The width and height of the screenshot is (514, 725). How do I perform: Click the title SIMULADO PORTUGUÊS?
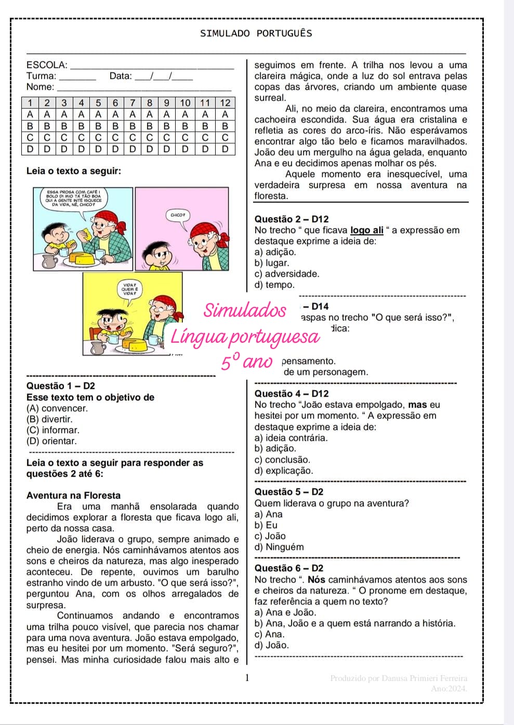(256, 33)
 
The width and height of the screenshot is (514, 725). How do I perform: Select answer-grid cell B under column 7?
(133, 126)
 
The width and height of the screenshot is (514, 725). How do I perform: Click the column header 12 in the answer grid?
(225, 103)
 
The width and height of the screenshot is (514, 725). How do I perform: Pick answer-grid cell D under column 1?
(30, 149)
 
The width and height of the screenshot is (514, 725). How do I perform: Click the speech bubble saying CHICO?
(177, 214)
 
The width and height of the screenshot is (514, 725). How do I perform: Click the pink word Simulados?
(245, 310)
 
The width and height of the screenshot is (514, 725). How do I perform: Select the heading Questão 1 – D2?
(61, 386)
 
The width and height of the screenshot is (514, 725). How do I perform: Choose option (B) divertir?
(49, 419)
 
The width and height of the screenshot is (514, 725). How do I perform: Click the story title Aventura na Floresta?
(73, 495)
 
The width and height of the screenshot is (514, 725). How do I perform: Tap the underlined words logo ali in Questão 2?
(367, 230)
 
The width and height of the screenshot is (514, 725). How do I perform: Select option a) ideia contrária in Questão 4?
(291, 438)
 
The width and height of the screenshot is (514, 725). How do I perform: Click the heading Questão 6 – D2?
(289, 568)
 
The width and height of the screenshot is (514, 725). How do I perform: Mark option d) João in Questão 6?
(272, 645)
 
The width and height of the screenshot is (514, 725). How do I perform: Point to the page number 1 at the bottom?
(247, 677)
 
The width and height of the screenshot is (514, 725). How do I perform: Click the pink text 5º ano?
(247, 361)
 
